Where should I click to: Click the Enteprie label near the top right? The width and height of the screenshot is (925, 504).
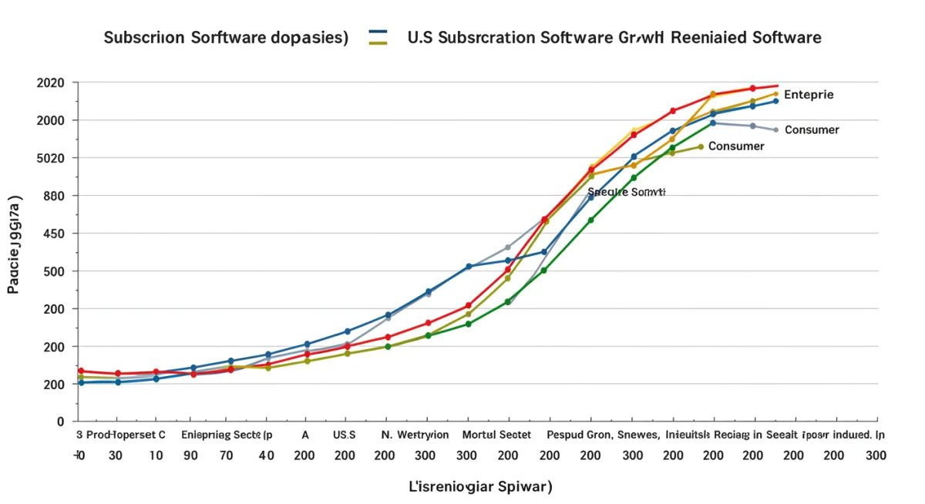click(808, 95)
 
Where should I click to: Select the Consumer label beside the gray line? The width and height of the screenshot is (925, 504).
click(812, 130)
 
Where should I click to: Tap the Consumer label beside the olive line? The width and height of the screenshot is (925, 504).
click(736, 146)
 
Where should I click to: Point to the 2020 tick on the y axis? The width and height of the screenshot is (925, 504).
click(51, 82)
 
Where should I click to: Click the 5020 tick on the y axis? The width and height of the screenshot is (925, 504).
click(51, 158)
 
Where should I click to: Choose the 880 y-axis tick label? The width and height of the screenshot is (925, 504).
click(55, 196)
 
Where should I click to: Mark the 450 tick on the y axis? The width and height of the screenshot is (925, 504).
click(55, 234)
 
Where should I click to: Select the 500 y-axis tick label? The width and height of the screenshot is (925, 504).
click(55, 271)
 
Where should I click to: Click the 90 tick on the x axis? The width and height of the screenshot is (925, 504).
click(190, 455)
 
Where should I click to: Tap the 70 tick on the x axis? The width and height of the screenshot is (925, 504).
click(226, 455)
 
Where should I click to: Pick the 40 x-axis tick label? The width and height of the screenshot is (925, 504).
click(266, 455)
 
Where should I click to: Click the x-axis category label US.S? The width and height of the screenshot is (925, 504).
click(345, 435)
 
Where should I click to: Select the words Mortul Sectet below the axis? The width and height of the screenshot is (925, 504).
click(496, 435)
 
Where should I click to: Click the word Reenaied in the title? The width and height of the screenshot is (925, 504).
click(714, 38)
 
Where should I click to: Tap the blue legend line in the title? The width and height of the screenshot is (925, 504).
click(378, 32)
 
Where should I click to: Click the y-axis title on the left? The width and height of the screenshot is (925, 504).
click(15, 244)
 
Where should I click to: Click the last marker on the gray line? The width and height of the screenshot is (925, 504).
click(775, 129)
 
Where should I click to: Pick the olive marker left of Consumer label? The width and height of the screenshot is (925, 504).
click(700, 146)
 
